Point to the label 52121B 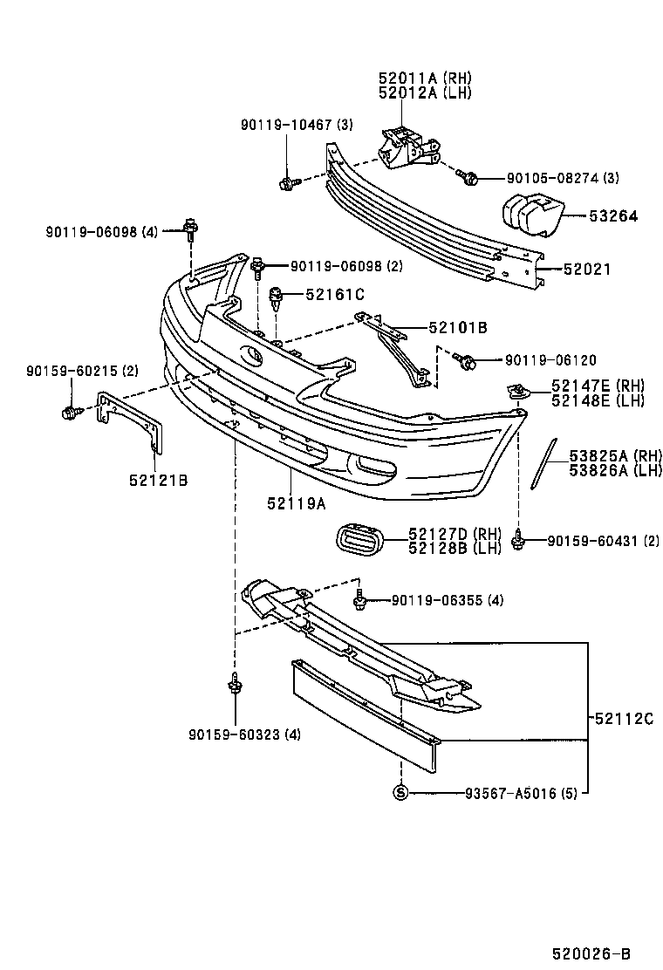(x=161, y=480)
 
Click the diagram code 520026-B (x=590, y=954)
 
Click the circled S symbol (x=400, y=793)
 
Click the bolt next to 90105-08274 (x=468, y=178)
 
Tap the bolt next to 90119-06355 (x=359, y=600)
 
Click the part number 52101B (x=457, y=328)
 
